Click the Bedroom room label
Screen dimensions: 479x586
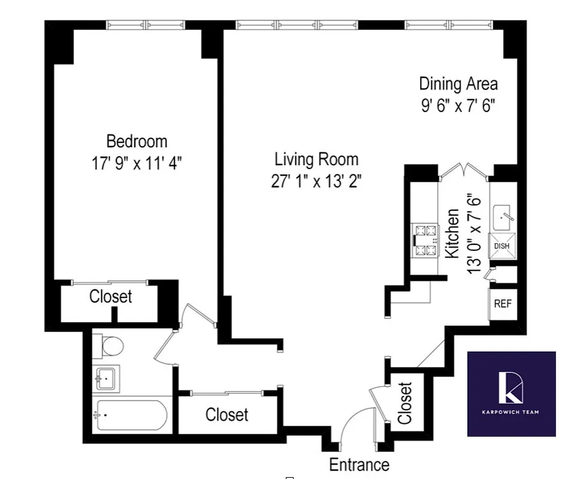click(x=137, y=141)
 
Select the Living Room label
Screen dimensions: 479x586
click(x=316, y=159)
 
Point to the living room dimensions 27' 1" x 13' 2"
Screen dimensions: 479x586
click(x=316, y=181)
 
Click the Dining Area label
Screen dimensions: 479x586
click(x=458, y=83)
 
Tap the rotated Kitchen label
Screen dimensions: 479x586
click(x=452, y=234)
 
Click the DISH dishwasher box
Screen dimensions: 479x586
click(x=502, y=246)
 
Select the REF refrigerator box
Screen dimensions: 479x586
click(x=502, y=304)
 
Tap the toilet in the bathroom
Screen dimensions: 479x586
click(x=109, y=345)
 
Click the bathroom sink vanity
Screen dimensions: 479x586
click(x=106, y=378)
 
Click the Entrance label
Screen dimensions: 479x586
click(x=359, y=464)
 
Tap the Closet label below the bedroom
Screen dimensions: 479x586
click(x=110, y=296)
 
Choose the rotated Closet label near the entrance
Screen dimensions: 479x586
click(x=406, y=403)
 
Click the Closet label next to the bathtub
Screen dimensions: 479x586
click(x=226, y=414)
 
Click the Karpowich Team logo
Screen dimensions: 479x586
click(x=511, y=393)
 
